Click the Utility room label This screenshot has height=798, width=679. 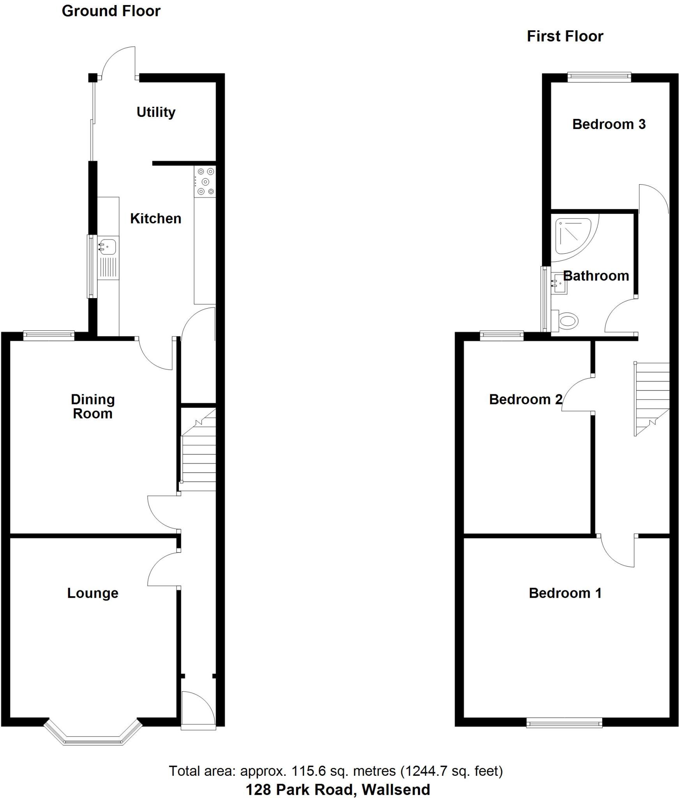point(156,112)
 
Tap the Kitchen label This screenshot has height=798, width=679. point(155,219)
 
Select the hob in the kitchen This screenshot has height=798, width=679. point(205,181)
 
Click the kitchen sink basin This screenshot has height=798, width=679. point(107,246)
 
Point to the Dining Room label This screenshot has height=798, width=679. point(93,406)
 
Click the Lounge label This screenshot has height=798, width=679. point(93,593)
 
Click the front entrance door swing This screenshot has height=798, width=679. point(198,708)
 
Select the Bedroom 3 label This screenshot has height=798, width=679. point(609,124)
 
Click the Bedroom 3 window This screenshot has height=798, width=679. point(599,77)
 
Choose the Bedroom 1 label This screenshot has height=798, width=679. point(565,593)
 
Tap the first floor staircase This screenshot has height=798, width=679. point(652,397)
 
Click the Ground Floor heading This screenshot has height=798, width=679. point(111,11)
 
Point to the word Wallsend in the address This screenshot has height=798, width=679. point(396,789)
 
